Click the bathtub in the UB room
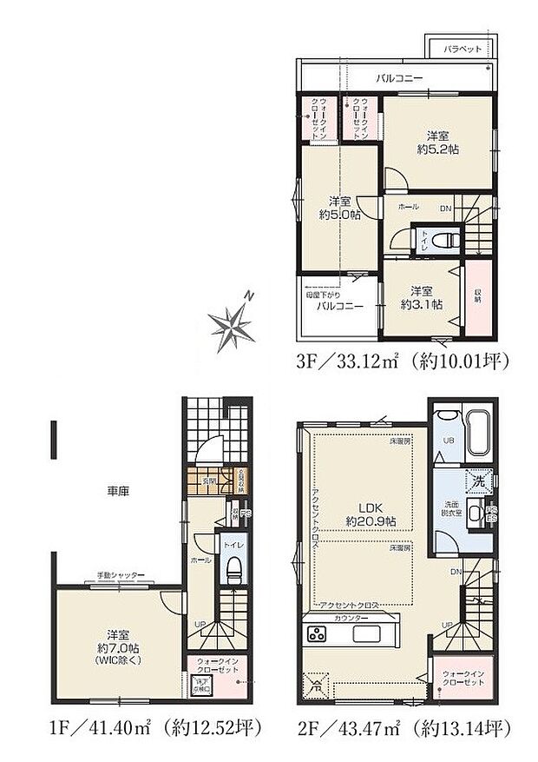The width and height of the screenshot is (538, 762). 478,434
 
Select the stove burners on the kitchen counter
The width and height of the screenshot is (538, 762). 315,634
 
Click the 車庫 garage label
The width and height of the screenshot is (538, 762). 118,492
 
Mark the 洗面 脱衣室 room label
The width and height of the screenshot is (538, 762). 450,508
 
